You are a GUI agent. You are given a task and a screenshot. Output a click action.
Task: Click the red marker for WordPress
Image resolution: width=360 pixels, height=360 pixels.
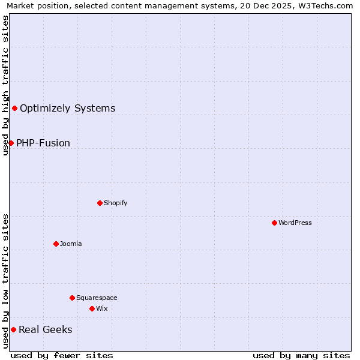(274, 223)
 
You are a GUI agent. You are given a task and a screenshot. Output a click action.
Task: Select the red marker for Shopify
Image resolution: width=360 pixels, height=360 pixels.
(100, 203)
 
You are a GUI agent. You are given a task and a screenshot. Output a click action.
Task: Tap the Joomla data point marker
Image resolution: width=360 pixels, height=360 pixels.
(56, 244)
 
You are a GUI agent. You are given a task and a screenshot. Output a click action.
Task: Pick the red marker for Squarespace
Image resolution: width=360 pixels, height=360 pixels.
(72, 298)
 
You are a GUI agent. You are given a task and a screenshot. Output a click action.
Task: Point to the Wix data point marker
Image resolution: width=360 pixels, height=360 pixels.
(92, 308)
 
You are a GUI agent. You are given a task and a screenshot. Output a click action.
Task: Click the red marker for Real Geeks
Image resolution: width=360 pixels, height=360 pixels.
(13, 329)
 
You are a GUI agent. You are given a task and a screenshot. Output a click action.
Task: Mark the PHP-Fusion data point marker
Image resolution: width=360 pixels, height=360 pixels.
(11, 143)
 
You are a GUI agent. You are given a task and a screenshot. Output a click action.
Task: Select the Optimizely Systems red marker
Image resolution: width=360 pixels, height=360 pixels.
(14, 108)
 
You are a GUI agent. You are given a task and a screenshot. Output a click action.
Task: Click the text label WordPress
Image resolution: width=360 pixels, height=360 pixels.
(295, 223)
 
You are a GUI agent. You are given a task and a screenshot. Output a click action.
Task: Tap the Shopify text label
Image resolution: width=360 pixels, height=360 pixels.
(115, 203)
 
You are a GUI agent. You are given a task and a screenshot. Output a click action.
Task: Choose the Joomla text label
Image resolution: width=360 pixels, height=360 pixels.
(71, 244)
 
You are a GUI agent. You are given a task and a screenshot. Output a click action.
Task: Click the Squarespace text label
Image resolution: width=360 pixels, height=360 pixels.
(97, 298)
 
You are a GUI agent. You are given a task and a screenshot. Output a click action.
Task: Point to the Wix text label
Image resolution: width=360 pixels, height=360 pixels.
(101, 308)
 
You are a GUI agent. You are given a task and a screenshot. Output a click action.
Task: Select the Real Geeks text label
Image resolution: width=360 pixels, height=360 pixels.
(45, 329)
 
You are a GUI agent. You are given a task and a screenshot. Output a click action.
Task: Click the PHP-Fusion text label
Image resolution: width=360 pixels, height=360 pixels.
(43, 143)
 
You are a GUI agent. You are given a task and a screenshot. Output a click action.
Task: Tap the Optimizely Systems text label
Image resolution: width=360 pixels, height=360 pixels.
(67, 108)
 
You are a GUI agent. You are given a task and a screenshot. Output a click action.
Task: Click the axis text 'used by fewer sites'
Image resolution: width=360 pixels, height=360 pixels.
(62, 355)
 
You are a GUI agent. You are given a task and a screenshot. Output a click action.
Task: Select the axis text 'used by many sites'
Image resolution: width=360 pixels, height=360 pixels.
(301, 355)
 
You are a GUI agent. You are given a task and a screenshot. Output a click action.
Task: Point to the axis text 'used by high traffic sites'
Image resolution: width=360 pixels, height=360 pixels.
(5, 85)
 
